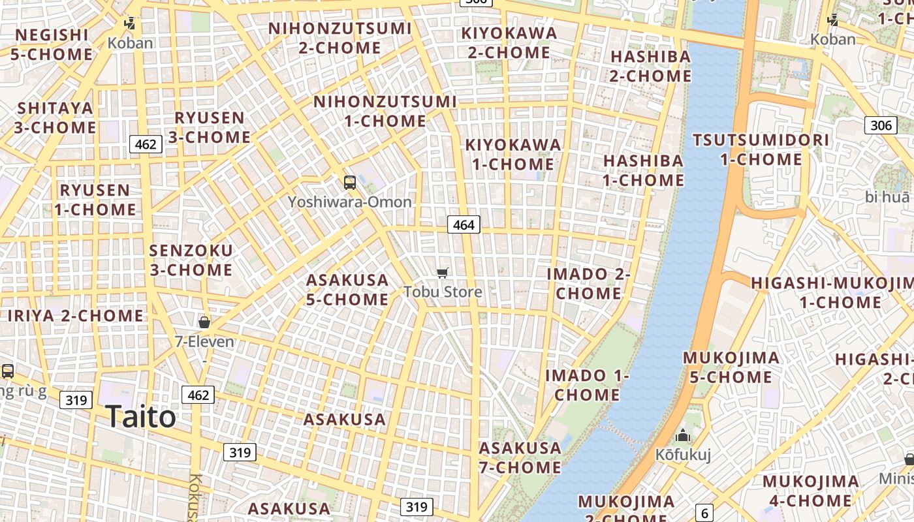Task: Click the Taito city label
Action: (140, 417)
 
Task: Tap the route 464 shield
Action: (464, 225)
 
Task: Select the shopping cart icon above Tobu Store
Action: (443, 273)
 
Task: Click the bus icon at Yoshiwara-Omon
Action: (350, 183)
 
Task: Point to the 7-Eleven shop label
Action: (204, 341)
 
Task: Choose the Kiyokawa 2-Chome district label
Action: (509, 42)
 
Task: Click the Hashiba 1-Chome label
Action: (643, 170)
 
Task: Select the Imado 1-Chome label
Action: (587, 385)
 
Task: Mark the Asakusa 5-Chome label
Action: (347, 290)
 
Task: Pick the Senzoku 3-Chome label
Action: (191, 260)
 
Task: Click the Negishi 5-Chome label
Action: (52, 44)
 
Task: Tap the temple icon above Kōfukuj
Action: (683, 435)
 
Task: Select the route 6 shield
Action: (704, 513)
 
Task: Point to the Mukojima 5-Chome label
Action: (731, 367)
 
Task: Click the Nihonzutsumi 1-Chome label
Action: (385, 112)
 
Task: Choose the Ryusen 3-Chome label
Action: (210, 127)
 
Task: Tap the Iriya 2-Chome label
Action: (76, 316)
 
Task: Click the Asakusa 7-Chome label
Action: (520, 457)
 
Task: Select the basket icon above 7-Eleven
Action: (204, 322)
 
